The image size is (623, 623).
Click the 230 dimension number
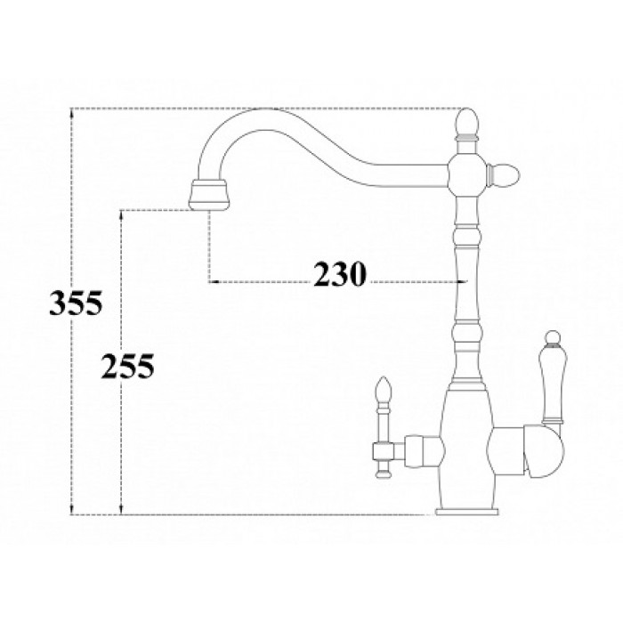point(339,276)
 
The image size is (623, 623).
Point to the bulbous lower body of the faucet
point(465,445)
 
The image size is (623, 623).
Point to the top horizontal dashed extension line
point(267,109)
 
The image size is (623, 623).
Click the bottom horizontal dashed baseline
point(267,514)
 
